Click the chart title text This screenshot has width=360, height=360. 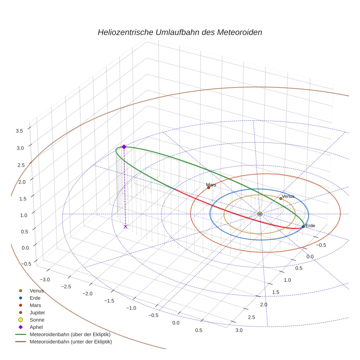click(180, 32)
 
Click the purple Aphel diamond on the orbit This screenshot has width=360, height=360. click(124, 147)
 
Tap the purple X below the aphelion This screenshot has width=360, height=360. click(125, 226)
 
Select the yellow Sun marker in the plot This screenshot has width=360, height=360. click(259, 214)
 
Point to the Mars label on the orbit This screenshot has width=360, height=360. click(211, 185)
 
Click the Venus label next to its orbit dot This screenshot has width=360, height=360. click(288, 196)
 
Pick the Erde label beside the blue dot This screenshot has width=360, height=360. click(310, 226)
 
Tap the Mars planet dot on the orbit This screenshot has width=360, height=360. click(209, 188)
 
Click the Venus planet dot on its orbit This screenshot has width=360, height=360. click(281, 198)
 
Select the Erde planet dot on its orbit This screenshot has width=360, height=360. click(303, 226)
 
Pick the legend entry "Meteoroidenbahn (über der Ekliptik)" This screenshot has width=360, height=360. click(70, 334)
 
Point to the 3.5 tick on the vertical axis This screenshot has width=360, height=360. click(19, 131)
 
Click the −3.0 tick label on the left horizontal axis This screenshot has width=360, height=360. click(45, 280)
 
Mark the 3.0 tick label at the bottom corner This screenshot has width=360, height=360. click(239, 330)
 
